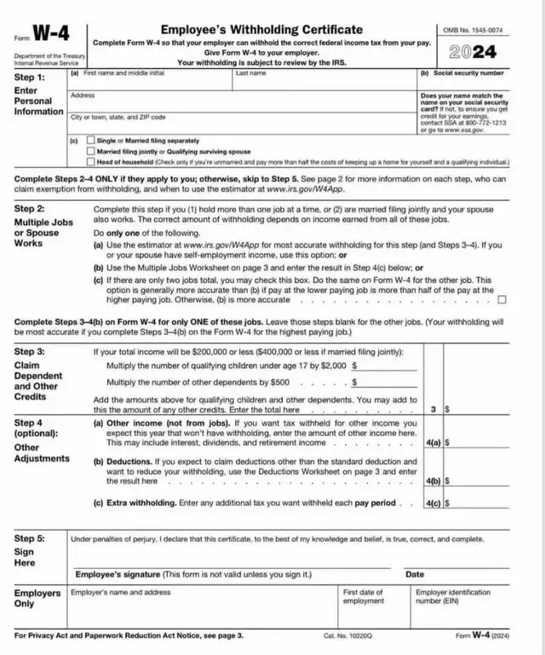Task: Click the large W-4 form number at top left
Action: tap(51, 35)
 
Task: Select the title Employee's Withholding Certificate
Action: tap(261, 30)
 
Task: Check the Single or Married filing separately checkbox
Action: tap(91, 140)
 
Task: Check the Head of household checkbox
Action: tap(91, 161)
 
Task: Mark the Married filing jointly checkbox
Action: tap(91, 150)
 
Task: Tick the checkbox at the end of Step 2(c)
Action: tap(502, 299)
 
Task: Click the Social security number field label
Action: tap(462, 73)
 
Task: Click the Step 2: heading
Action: tap(30, 209)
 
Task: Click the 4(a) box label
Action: tap(433, 443)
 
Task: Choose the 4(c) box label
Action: tap(433, 503)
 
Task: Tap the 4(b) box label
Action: tap(433, 480)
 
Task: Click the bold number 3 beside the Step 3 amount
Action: tap(433, 410)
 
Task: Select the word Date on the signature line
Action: tap(415, 574)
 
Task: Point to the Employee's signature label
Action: tap(118, 574)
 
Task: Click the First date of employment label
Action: tap(364, 596)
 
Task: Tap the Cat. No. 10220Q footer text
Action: tap(345, 635)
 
